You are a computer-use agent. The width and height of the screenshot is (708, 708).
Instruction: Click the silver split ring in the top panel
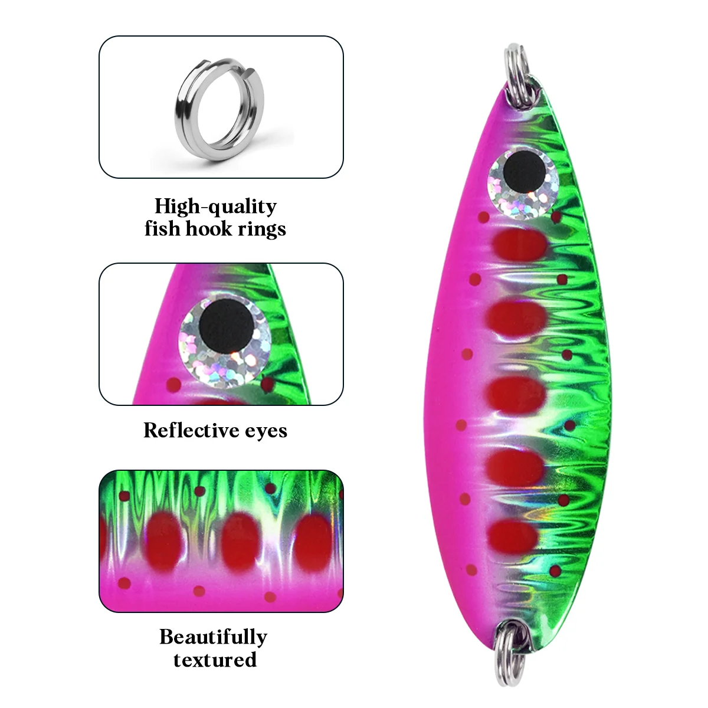click(x=182, y=122)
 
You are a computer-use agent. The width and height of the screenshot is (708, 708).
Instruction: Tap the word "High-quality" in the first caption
click(x=215, y=206)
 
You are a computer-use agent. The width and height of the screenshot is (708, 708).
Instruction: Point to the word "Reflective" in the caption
click(x=191, y=430)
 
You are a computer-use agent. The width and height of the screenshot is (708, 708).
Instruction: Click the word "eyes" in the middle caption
click(x=266, y=431)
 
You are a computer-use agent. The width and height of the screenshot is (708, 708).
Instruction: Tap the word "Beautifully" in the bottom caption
click(x=214, y=637)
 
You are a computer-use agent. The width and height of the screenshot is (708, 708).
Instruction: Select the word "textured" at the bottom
click(x=215, y=660)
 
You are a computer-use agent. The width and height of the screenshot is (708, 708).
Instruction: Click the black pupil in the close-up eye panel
click(x=227, y=326)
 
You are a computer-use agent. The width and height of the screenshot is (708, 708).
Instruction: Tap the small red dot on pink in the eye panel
click(x=173, y=385)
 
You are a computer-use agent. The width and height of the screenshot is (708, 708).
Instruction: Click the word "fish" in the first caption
click(x=162, y=228)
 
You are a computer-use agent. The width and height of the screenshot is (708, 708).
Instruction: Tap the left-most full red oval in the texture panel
click(x=164, y=542)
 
